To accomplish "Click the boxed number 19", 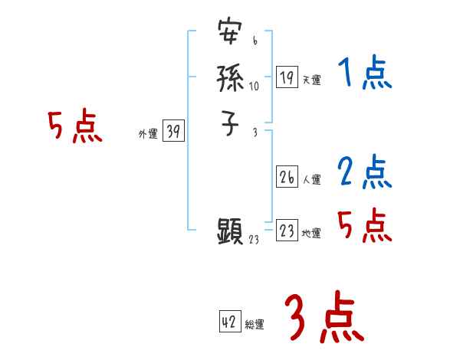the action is pos(287,77).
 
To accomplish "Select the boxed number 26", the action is pos(287,178).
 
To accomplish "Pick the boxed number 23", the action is pos(287,231).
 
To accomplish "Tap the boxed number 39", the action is pos(172,132).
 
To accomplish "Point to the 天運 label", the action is pos(311,80).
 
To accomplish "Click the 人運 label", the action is pos(311,181).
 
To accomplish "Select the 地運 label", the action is pos(311,234).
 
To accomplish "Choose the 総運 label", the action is pos(255,326).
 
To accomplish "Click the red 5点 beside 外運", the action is pos(74,127).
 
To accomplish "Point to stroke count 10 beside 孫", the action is pos(254,86).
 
